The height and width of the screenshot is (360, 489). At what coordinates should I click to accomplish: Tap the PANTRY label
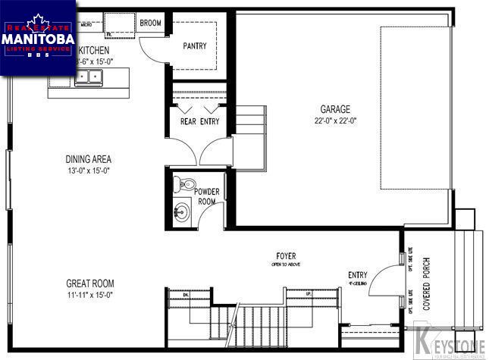pos(195,46)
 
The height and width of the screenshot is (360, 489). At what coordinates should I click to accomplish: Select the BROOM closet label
pos(151,23)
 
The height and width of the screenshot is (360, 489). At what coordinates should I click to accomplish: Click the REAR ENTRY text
pos(199,121)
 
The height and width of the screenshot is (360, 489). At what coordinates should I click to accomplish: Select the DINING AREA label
pos(89,159)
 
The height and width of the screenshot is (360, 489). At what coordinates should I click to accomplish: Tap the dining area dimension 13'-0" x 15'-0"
pos(89,171)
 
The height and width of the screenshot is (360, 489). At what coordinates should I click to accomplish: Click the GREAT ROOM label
pos(90,283)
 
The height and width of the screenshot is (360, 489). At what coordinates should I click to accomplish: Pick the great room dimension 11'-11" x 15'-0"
pos(90,295)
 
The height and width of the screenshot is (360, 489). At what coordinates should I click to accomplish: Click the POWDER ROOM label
pos(208,197)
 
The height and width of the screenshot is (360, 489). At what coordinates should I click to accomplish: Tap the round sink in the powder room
pos(183,211)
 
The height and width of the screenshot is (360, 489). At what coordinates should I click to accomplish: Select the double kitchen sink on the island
pos(88,76)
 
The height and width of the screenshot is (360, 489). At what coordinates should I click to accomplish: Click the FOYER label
pos(286,257)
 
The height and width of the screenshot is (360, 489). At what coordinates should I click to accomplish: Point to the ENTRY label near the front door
pos(358,275)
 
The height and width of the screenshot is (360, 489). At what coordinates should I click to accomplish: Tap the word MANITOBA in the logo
pos(38,38)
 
